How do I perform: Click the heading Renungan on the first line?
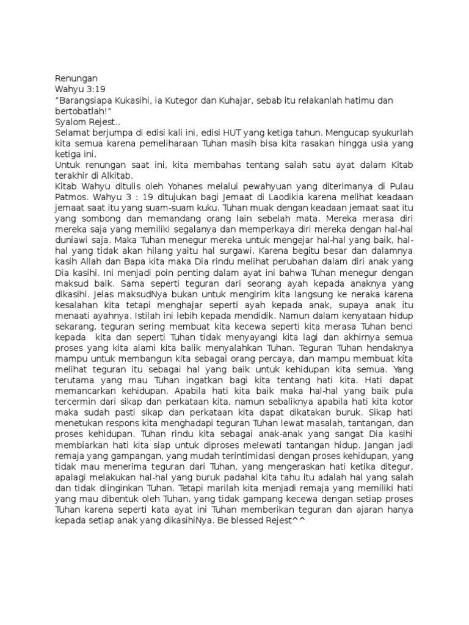(x=76, y=78)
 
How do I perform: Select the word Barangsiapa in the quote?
(x=87, y=100)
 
